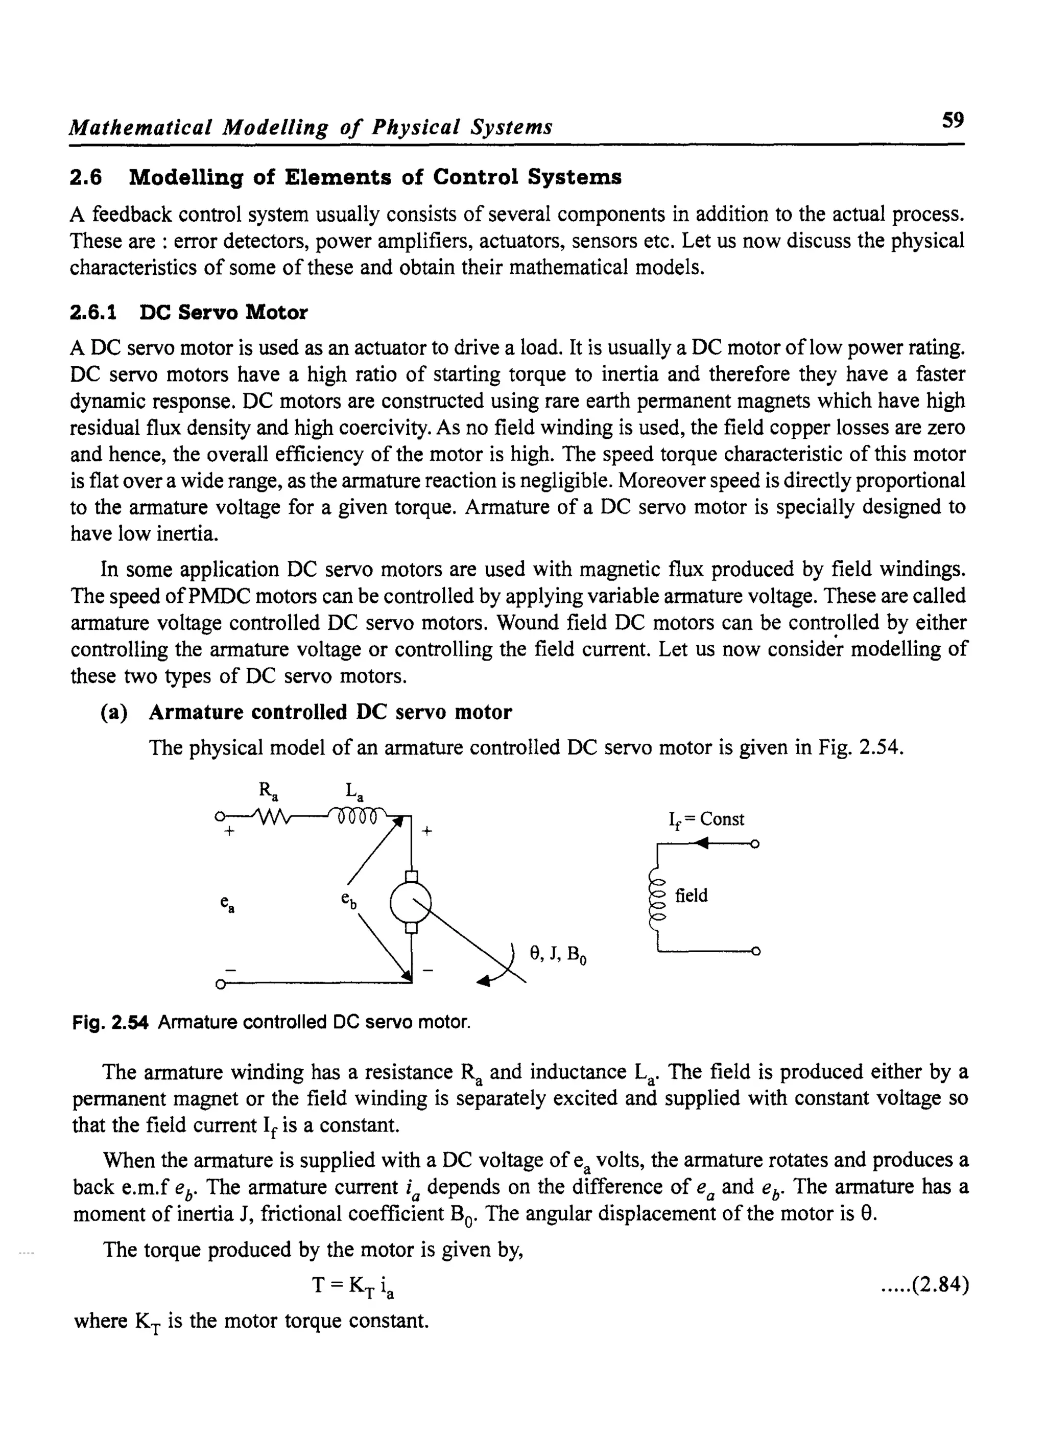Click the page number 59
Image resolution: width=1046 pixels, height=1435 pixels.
(x=953, y=119)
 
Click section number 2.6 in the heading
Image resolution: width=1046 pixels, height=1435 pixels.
(x=85, y=177)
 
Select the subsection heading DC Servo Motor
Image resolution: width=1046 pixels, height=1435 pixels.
(x=223, y=312)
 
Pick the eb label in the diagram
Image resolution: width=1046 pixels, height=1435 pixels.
(x=348, y=900)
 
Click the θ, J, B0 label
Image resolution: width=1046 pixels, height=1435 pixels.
(x=558, y=954)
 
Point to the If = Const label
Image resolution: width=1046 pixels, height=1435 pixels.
(x=707, y=819)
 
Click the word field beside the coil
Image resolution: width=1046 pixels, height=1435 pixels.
(x=691, y=896)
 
